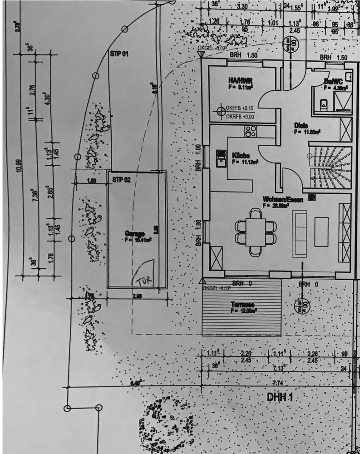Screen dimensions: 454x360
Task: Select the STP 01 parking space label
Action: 119,54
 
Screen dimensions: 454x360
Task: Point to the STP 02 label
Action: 121,180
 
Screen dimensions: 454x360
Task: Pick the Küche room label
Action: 240,155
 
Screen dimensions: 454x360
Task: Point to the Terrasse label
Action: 242,305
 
